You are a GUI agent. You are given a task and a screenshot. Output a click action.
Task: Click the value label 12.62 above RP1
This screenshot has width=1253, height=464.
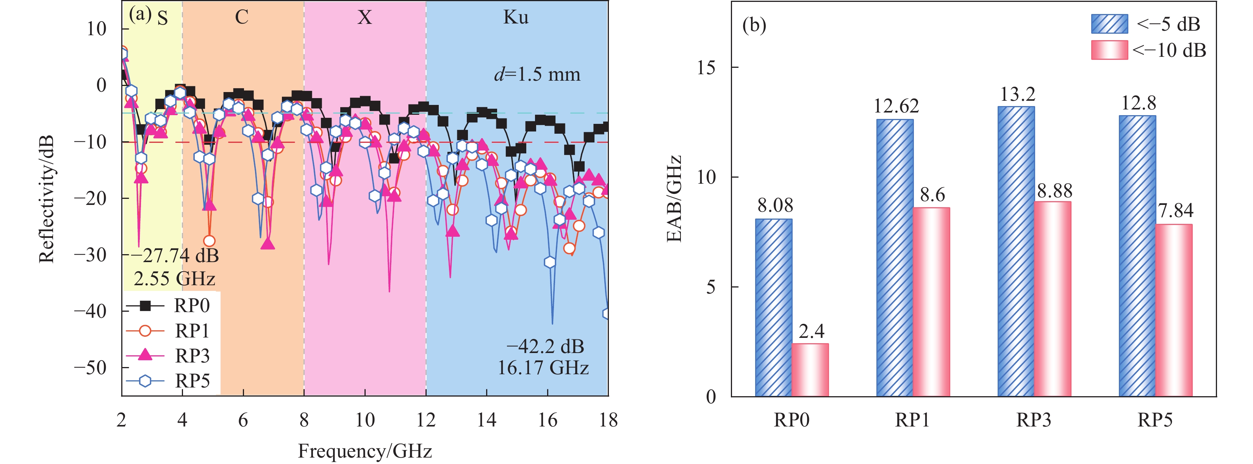(x=896, y=106)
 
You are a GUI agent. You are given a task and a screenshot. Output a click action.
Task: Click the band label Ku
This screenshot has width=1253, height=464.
(x=516, y=17)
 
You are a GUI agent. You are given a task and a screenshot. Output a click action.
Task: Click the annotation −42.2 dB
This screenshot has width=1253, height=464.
(x=545, y=346)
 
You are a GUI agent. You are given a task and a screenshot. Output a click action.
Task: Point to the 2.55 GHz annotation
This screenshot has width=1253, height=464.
(x=174, y=279)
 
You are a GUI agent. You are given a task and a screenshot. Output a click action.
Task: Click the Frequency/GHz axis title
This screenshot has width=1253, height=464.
(x=365, y=451)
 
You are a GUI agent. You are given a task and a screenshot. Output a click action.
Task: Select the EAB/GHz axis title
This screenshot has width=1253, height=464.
(x=674, y=199)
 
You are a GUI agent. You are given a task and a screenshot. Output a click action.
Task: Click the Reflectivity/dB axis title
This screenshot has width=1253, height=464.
(x=46, y=199)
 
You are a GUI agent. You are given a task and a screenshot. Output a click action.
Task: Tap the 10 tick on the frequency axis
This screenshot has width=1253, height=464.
(x=365, y=420)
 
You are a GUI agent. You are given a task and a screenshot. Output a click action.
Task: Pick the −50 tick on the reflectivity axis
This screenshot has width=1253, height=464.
(x=90, y=367)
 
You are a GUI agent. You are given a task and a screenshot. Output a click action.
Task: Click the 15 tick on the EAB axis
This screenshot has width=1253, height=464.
(x=706, y=67)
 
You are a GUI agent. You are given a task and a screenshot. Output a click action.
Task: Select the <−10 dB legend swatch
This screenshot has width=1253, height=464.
(x=1109, y=50)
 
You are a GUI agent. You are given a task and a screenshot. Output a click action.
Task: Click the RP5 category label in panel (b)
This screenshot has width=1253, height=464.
(x=1155, y=420)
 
